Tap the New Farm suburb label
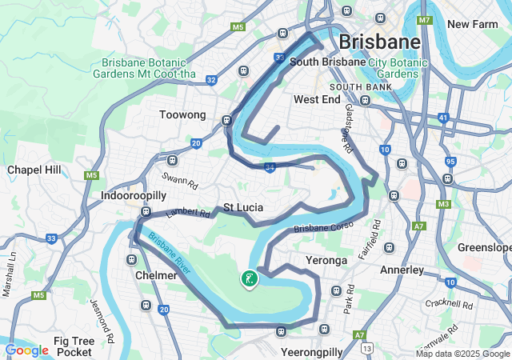(x=472, y=24)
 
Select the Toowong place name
(x=182, y=115)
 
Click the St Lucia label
(x=243, y=207)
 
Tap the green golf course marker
(x=249, y=278)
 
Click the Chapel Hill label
(x=34, y=170)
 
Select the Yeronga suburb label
(x=326, y=261)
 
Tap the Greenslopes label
(x=484, y=247)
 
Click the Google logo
(x=26, y=350)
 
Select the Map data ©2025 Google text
(x=462, y=354)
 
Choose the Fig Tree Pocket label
(x=74, y=346)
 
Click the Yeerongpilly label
(x=312, y=351)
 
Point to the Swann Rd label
(x=179, y=180)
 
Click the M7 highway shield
(x=424, y=19)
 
